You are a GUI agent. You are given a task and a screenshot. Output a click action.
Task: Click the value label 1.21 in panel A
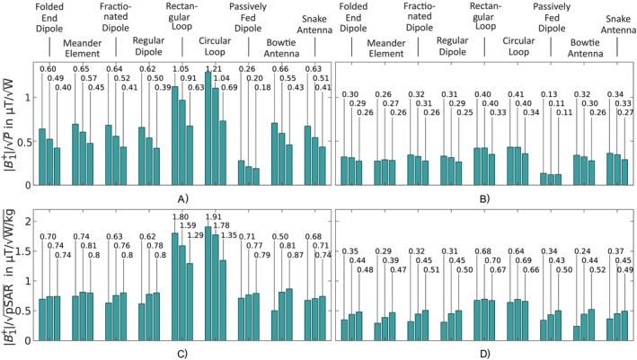[x=215, y=68]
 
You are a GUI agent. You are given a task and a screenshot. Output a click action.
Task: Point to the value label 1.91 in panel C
[x=214, y=216]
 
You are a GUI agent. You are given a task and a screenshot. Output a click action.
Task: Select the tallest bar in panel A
[x=208, y=128]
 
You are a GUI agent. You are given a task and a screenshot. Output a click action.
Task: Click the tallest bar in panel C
[x=208, y=284]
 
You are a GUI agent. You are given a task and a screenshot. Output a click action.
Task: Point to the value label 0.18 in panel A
[x=262, y=87]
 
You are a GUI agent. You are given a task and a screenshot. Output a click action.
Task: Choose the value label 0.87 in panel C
[x=296, y=255]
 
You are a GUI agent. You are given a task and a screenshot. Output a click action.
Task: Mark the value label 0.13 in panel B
[x=550, y=94]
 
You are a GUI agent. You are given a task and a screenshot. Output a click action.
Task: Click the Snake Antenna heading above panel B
[x=618, y=24]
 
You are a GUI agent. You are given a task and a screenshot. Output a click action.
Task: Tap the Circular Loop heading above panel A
[x=215, y=47]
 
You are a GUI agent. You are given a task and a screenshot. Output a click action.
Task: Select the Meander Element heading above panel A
[x=82, y=48]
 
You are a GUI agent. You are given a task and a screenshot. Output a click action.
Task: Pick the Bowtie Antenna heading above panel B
[x=585, y=48]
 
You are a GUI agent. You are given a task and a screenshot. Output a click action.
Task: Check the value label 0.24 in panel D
[x=583, y=251]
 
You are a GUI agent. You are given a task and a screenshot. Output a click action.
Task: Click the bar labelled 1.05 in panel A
[x=174, y=136]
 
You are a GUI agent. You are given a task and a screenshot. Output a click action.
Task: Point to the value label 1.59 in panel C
[x=188, y=225]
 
